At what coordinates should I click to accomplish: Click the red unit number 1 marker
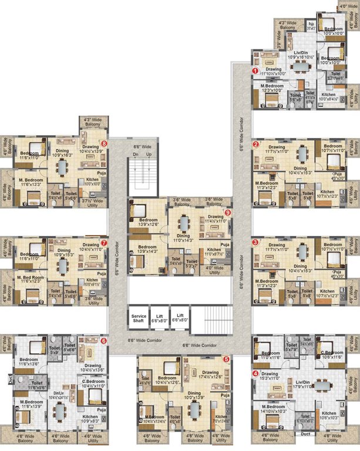(x=255, y=71)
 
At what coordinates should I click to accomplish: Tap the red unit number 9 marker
(x=228, y=212)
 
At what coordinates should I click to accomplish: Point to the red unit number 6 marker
(x=103, y=341)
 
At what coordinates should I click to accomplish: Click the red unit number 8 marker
(x=104, y=143)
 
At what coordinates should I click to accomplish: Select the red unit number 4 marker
(x=255, y=373)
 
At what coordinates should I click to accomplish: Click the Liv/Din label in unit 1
(x=302, y=53)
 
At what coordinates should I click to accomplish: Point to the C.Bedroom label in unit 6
(x=92, y=382)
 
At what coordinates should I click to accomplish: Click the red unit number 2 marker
(x=255, y=143)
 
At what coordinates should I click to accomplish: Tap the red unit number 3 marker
(x=255, y=241)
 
